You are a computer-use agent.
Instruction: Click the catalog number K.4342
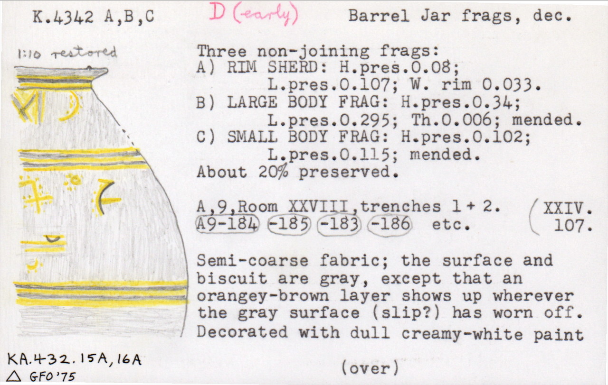tap(63, 17)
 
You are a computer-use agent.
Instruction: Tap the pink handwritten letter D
tap(217, 13)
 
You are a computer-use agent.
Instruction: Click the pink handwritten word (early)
tap(266, 15)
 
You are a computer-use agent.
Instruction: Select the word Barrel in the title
tap(379, 16)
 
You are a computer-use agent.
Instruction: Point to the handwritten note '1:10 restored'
tap(67, 53)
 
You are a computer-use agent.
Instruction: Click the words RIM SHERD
tap(272, 67)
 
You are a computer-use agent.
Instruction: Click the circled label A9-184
tap(228, 224)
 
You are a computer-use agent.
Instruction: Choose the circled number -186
tap(390, 225)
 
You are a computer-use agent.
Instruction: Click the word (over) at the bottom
tap(370, 368)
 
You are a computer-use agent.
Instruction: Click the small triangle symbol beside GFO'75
tap(14, 376)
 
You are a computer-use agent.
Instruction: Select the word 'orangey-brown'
tap(263, 296)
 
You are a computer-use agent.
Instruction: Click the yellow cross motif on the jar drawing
tap(36, 194)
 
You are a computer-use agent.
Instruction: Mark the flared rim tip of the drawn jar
tap(107, 71)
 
